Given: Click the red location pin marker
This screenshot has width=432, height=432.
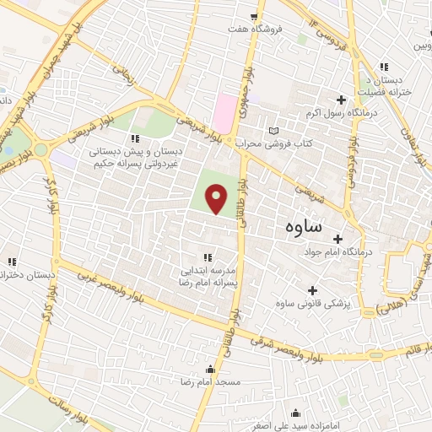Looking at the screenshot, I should coord(217,199).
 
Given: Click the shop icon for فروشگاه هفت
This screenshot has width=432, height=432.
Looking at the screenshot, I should coord(254,16).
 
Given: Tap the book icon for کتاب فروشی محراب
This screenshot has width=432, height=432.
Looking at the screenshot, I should coord(272,131).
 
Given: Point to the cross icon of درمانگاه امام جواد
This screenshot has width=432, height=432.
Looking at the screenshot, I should coord(338,239).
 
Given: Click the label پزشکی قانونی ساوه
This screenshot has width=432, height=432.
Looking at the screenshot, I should coord(313,302).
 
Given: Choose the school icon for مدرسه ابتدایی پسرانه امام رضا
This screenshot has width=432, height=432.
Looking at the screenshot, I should coord(207,257).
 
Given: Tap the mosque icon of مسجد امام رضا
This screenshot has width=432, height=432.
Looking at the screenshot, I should coord(210,369).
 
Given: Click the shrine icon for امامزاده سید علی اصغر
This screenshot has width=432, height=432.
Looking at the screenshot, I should coord(295,413).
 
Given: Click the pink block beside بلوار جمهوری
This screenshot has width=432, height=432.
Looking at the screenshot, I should coord(225,113).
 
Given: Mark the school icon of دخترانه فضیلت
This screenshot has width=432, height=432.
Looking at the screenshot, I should coord(384,67).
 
